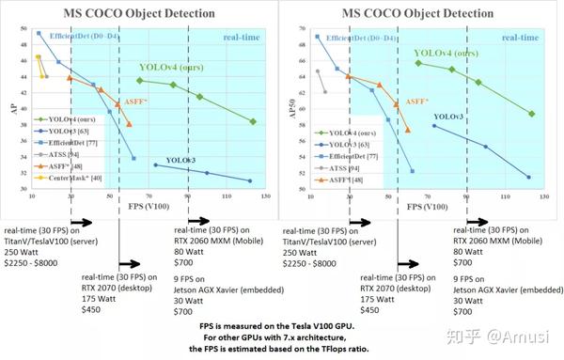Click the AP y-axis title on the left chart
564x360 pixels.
(14, 107)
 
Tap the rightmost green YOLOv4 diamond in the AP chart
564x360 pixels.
(253, 121)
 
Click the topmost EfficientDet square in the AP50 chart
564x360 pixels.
(318, 37)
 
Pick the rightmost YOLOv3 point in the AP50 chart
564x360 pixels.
(528, 177)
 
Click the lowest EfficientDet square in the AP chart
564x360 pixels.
(133, 158)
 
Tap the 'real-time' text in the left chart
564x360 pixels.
(243, 37)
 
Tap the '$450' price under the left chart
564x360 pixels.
(95, 309)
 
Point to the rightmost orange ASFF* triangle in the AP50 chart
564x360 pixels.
(407, 130)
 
